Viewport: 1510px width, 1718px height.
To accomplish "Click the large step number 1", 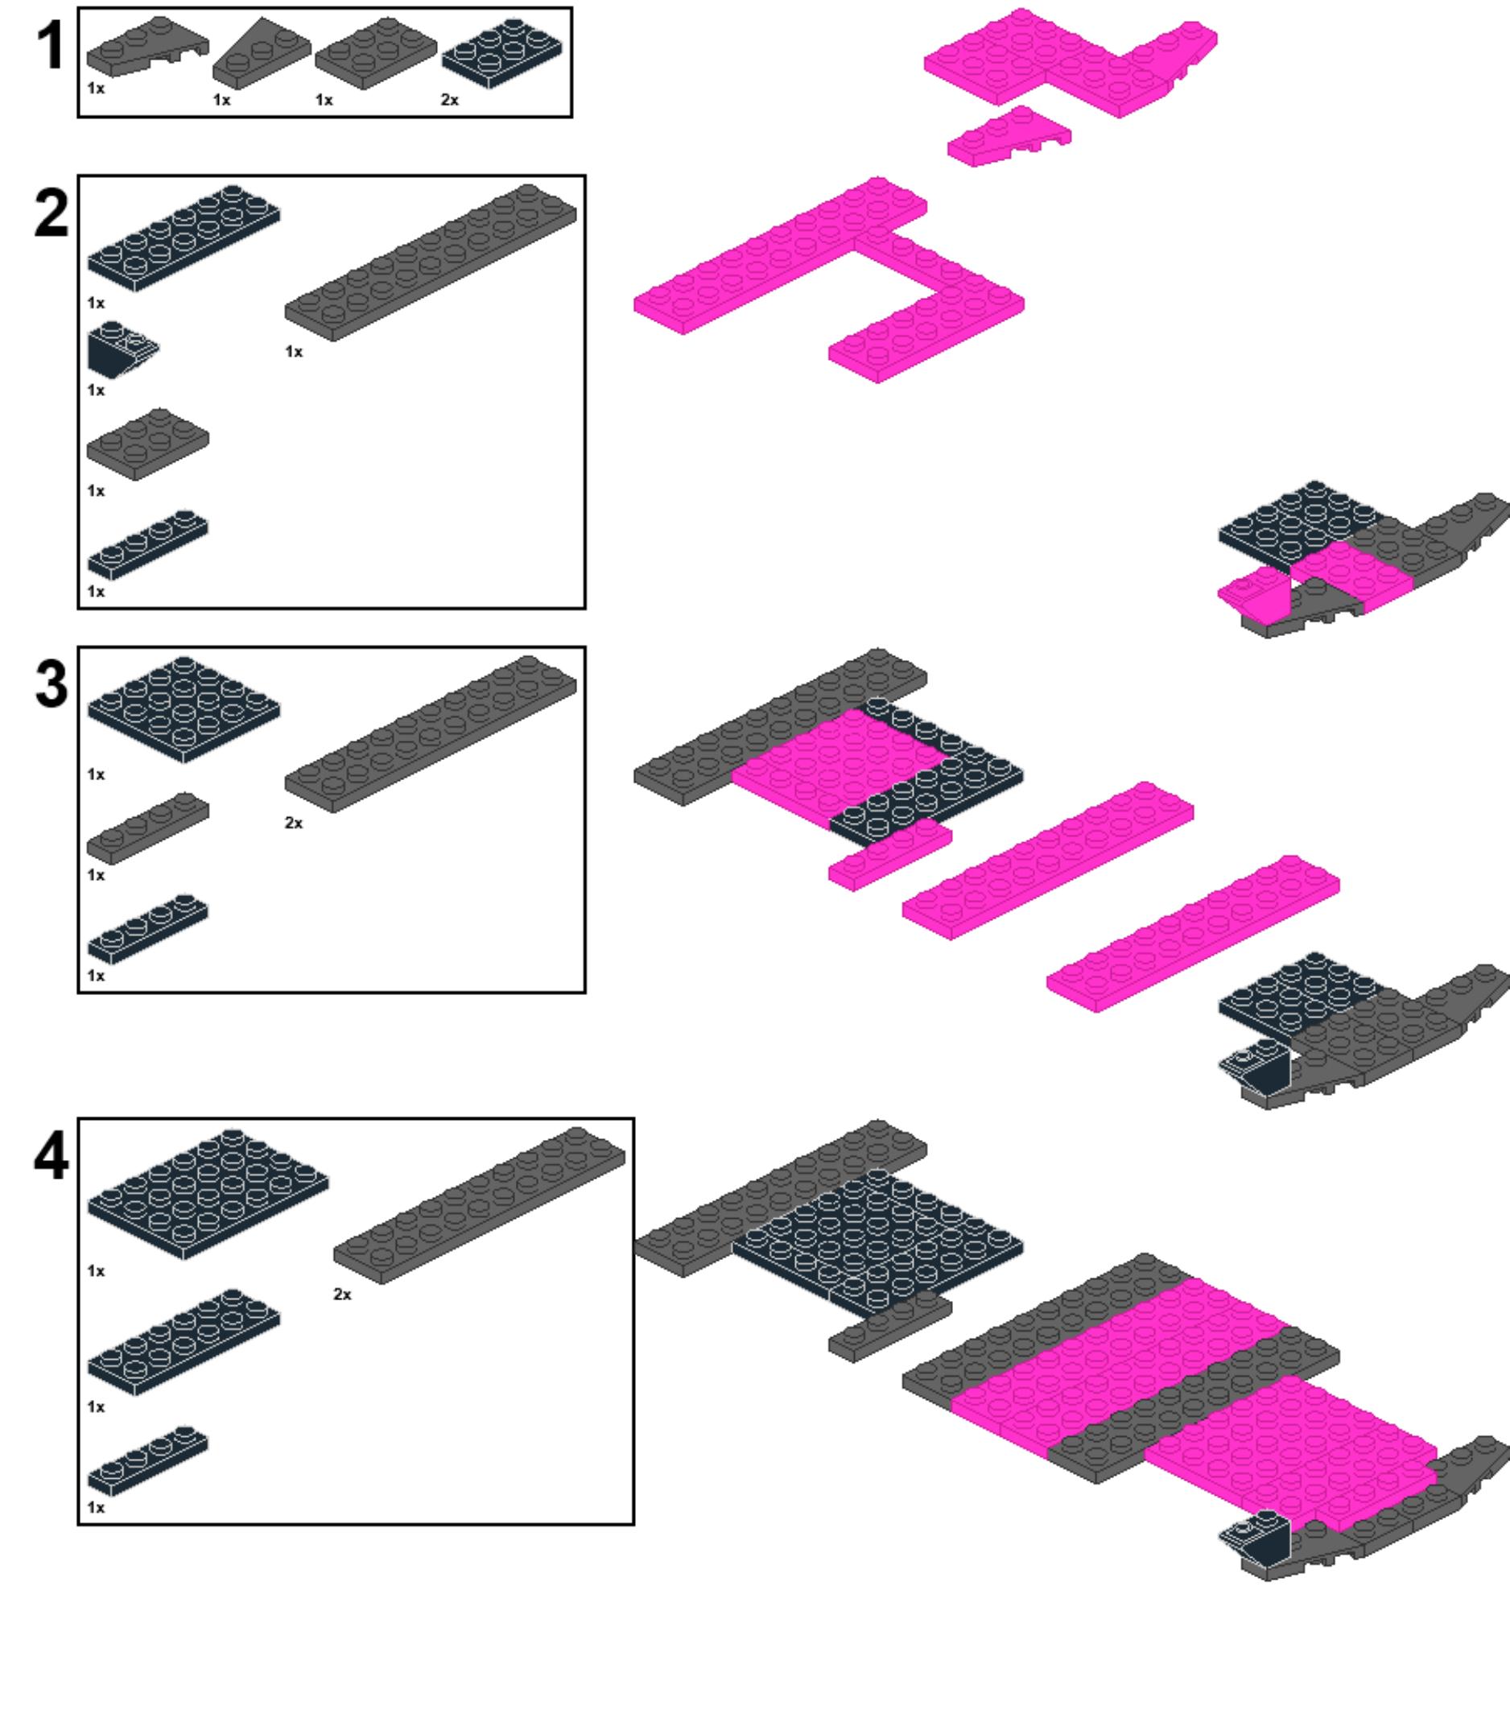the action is tap(51, 46).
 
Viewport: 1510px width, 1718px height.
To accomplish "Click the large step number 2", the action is tap(52, 213).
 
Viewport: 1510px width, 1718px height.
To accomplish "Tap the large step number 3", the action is tap(52, 684).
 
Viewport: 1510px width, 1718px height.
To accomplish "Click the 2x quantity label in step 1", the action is tap(450, 100).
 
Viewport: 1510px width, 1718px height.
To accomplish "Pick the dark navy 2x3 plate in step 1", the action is tap(502, 54).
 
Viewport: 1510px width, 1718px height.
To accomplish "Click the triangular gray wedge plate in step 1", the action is tap(262, 53).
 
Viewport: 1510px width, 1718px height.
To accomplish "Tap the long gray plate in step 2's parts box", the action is tap(431, 263).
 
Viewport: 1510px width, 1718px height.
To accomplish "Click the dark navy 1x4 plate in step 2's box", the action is tap(148, 545).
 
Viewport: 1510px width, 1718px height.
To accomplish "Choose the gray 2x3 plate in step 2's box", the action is tap(148, 444).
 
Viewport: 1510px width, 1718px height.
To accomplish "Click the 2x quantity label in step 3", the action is tap(293, 823).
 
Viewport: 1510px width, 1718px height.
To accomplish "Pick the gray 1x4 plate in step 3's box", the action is tap(148, 828).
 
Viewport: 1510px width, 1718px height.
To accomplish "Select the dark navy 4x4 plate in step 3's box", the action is tap(184, 710).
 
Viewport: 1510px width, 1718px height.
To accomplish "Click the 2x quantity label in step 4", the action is tap(342, 1294).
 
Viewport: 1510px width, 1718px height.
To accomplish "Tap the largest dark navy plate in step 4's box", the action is tap(208, 1195).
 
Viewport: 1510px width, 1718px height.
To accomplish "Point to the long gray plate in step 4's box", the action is tap(480, 1205).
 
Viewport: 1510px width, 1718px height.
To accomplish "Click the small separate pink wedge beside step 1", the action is tap(1009, 136).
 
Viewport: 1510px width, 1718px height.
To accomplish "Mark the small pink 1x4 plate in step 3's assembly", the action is tap(890, 855).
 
